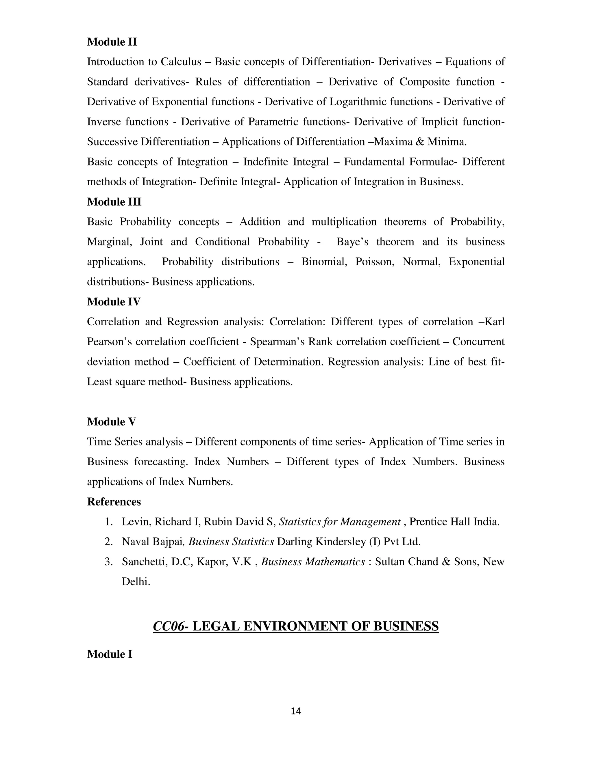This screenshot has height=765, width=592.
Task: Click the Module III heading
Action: [x=114, y=202]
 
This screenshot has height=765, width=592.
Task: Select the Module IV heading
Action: [x=114, y=302]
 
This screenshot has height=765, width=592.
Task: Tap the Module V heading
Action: [x=111, y=421]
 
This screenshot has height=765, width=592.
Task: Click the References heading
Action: [x=114, y=502]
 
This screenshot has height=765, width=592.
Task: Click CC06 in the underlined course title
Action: [x=168, y=626]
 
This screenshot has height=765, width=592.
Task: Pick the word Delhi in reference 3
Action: [x=136, y=581]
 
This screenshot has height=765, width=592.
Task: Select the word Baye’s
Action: [x=352, y=242]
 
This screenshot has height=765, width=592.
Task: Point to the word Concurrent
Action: [x=478, y=342]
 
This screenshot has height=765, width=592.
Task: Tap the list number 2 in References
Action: [x=108, y=542]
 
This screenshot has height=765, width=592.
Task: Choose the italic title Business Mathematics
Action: [x=313, y=561]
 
